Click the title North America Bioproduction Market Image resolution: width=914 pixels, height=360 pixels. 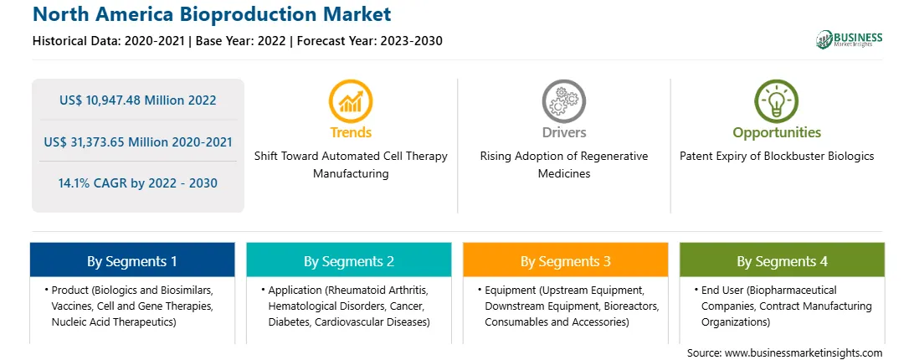point(213,13)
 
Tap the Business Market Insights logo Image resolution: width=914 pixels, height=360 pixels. point(849,39)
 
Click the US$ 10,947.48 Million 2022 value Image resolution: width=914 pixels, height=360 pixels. point(137,100)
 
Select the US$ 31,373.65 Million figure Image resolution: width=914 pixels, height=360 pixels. point(109,141)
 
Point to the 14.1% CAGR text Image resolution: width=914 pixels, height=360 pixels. point(91,183)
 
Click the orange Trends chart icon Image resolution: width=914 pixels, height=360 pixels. point(351,101)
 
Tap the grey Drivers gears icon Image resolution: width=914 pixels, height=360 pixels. point(563,101)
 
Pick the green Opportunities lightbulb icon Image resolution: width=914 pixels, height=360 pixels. point(777,101)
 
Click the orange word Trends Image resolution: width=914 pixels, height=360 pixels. point(351,132)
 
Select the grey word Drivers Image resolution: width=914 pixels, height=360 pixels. point(563,132)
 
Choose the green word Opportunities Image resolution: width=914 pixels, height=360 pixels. point(777,132)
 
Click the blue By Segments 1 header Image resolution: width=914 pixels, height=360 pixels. point(132,261)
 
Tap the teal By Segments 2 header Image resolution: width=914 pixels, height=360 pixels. point(348,261)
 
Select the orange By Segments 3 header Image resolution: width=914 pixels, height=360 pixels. point(566,261)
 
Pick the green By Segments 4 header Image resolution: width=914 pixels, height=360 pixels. point(783,261)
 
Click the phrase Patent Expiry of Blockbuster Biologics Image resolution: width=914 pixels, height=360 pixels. point(777,157)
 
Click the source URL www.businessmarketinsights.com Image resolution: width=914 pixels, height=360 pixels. point(804,353)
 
